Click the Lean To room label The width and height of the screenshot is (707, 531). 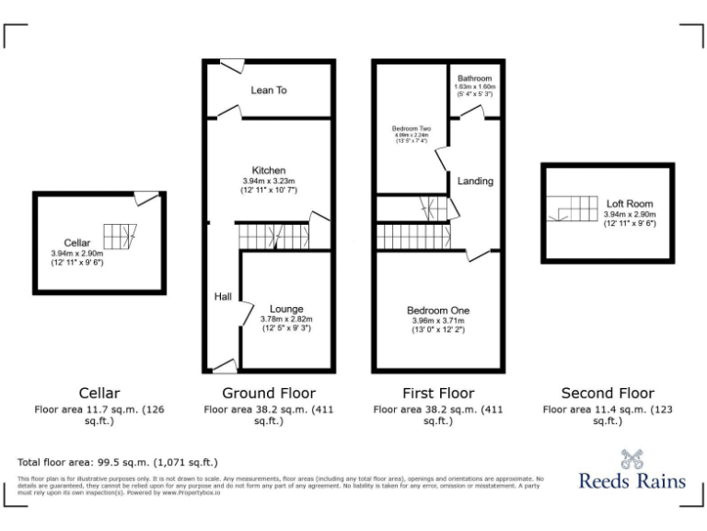point(269,90)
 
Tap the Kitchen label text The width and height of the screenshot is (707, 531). point(269,171)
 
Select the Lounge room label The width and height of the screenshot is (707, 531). point(286,309)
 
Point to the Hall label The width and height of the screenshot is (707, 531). point(223,297)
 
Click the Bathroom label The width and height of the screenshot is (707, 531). point(475,78)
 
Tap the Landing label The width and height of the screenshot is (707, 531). point(475,182)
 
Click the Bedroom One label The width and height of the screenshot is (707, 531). point(438,311)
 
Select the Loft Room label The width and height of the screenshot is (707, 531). point(630,204)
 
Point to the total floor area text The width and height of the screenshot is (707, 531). point(118,462)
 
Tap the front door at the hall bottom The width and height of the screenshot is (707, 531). point(224,367)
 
